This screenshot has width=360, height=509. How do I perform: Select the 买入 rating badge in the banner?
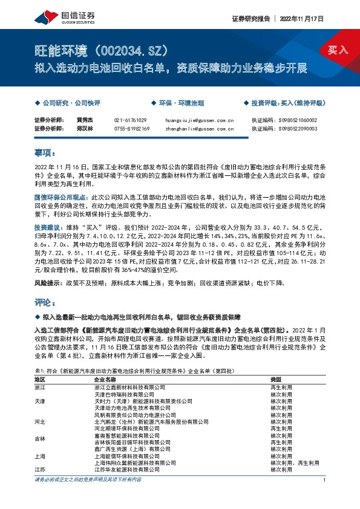(x=338, y=50)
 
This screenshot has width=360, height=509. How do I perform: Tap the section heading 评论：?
(x=45, y=301)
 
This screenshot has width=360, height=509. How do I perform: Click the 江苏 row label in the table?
(x=41, y=469)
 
